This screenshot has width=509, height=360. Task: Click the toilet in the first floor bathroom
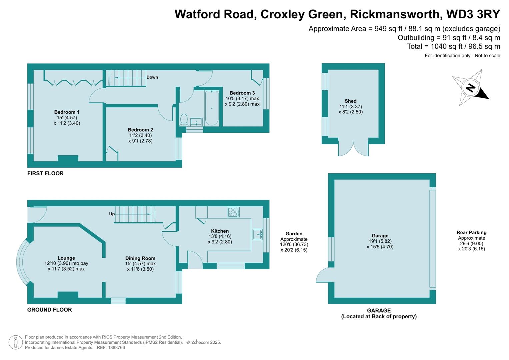tap(184, 119)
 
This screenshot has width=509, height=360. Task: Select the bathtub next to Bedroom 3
tap(212, 108)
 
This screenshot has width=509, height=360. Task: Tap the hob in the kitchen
tap(233, 212)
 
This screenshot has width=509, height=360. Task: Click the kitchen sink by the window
tap(257, 234)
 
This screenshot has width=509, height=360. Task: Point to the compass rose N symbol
tap(470, 88)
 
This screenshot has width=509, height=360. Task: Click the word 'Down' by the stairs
tap(152, 77)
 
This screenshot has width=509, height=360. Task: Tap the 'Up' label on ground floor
tap(112, 214)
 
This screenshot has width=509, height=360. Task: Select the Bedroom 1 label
tap(67, 112)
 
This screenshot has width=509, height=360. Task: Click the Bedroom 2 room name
tap(140, 130)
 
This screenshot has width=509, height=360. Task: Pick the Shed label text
tap(350, 101)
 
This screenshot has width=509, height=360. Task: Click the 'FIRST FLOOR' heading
tap(45, 173)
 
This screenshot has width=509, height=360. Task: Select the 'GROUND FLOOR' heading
tap(49, 310)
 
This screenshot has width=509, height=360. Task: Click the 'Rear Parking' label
tap(471, 233)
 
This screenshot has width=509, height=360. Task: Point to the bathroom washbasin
tap(196, 122)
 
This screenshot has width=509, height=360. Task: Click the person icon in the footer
tap(15, 342)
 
